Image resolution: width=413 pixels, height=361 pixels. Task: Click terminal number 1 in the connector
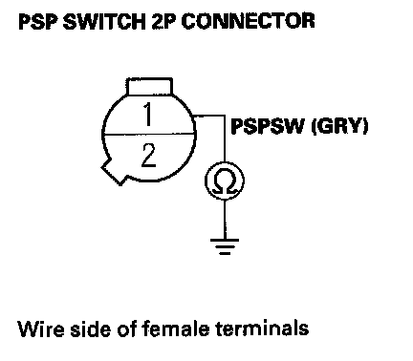pos(147,115)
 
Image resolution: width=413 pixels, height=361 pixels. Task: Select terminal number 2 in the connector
pos(148,156)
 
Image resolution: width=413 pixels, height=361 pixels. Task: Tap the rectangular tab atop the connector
pos(149,86)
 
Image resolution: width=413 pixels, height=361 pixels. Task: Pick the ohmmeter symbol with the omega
pos(225,180)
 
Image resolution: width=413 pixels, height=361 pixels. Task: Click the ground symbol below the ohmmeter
pos(225,246)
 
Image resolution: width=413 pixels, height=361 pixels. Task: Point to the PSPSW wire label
pos(267,126)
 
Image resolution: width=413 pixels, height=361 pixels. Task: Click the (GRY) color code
pos(339,126)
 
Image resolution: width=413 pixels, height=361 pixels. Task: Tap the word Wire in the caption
pos(40,329)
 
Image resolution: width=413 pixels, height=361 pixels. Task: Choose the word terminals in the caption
pos(262,329)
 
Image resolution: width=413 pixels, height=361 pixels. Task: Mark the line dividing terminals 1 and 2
pos(149,135)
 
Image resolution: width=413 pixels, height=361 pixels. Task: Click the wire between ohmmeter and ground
pos(225,220)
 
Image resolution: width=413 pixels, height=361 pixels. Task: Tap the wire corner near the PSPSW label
pos(225,116)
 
